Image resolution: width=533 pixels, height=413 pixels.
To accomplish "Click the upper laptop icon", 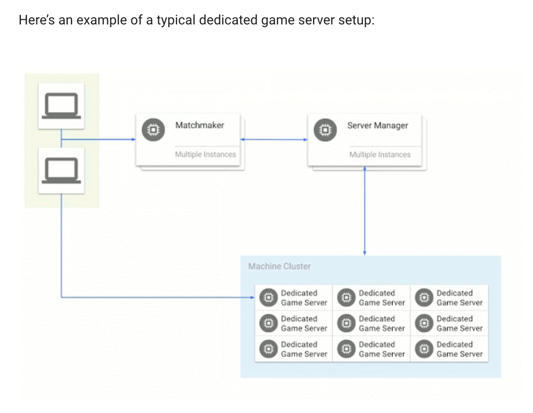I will coord(61,106).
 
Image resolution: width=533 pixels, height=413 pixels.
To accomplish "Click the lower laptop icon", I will coord(61,171).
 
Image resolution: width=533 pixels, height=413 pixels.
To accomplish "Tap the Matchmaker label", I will coord(199,125).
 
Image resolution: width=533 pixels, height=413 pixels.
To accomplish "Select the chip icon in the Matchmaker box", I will coord(153,130).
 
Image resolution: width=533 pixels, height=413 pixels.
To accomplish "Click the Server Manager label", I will coord(377,126).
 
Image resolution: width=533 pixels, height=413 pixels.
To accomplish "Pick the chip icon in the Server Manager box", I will coord(325,130).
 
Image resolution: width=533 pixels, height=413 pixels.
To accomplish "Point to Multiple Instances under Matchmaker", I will coord(205,154).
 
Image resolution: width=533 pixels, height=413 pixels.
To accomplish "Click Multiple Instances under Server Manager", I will coord(380,154).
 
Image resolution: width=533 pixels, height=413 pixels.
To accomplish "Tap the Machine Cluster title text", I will coord(279,266).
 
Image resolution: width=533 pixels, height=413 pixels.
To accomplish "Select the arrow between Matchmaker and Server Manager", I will coord(274,140).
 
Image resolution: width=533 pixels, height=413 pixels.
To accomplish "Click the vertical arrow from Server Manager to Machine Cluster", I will coord(365,211).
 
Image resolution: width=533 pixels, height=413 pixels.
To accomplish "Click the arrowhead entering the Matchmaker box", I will coord(133,140).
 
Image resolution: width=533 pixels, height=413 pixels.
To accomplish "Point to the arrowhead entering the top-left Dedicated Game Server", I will coord(252,298).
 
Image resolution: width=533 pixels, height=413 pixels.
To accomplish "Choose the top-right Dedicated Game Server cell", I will coord(449,298).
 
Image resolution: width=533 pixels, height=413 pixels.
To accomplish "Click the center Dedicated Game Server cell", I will coord(371,324).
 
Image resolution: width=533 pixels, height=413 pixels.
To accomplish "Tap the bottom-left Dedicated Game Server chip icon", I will coord(268,349).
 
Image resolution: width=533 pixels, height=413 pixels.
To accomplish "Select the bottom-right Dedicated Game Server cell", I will coord(449,349).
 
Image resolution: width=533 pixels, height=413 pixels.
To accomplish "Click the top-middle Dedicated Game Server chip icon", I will coord(346,298).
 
